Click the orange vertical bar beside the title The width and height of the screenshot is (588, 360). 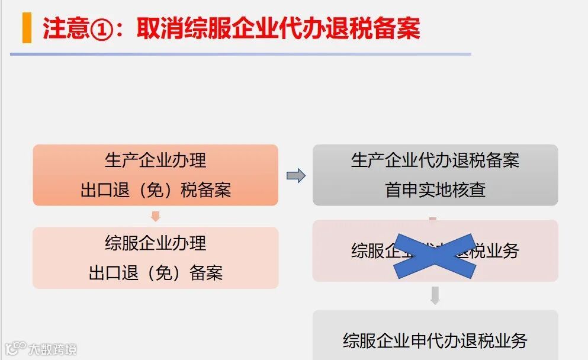click(x=27, y=28)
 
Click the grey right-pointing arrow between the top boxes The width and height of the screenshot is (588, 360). click(x=295, y=175)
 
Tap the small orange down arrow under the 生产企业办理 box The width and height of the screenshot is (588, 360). click(x=156, y=216)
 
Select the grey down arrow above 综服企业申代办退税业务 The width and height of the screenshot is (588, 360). click(x=435, y=295)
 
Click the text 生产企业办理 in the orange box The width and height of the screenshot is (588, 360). click(x=155, y=160)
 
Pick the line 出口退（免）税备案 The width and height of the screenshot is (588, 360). click(x=155, y=190)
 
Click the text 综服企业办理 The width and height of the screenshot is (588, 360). click(x=155, y=243)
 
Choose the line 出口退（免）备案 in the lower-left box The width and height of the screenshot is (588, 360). click(x=155, y=273)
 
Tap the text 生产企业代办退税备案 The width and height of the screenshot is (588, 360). click(x=435, y=160)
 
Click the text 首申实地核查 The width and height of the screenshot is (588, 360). click(x=435, y=190)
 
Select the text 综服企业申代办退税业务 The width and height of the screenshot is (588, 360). click(x=435, y=340)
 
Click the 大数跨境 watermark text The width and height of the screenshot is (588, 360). click(x=53, y=349)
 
